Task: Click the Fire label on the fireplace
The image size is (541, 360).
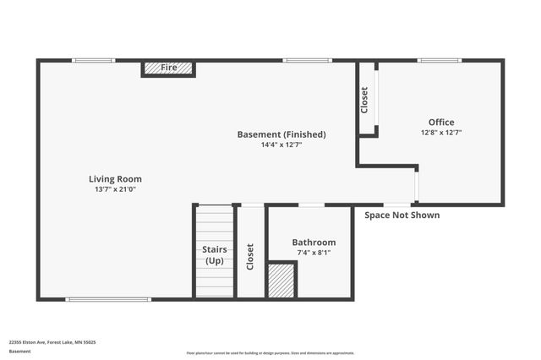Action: point(169,67)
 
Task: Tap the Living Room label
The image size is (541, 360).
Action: point(115,179)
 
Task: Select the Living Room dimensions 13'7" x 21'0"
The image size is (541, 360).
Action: point(115,189)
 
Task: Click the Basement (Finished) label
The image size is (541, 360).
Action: point(281,134)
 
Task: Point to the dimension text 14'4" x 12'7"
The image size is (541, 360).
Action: point(281,145)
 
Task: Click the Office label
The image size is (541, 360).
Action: point(441,123)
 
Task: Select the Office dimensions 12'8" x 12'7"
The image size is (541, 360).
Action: point(441,133)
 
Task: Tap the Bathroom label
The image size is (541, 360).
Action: point(314,243)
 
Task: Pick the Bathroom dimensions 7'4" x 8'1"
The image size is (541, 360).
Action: point(314,253)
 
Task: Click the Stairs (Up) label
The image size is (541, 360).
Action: point(214,255)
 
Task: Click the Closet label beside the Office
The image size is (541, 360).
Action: point(365,101)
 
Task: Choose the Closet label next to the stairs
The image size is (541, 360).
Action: point(250,257)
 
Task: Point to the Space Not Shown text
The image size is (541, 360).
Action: point(402,215)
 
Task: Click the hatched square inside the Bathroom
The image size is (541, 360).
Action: point(281,280)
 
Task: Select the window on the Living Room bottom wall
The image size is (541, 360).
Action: point(108,299)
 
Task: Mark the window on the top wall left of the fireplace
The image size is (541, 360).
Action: point(93,60)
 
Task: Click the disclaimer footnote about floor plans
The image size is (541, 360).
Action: point(270,353)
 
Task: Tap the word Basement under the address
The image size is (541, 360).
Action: point(19,352)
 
